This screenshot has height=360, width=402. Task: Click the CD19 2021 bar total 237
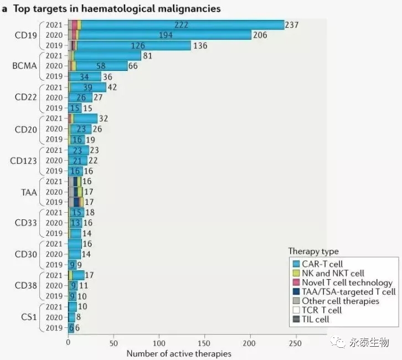292,25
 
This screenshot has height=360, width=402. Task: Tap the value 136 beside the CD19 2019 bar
200,45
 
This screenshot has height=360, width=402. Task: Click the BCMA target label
24,66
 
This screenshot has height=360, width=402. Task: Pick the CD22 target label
25,97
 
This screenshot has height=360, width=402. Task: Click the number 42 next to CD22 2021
112,87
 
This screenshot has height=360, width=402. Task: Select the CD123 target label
24,161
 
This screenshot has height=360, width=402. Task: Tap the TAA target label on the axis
28,192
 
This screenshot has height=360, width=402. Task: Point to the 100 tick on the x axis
159,342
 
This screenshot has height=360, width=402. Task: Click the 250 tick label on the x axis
297,342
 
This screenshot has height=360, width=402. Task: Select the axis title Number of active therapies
179,353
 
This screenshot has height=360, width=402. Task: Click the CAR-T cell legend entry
322,264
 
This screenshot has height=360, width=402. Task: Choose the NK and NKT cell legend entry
332,273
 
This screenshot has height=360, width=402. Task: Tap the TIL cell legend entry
315,319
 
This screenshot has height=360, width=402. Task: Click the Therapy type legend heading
313,251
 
